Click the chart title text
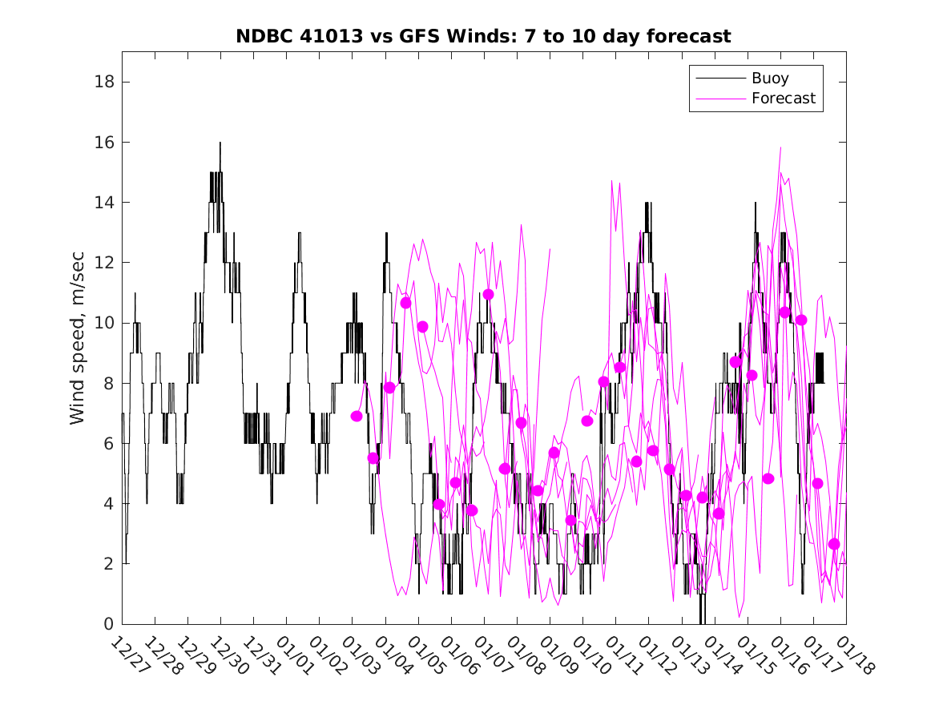[x=483, y=36]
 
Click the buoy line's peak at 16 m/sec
[x=220, y=143]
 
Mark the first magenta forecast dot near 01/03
[x=357, y=416]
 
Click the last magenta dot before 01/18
[x=834, y=544]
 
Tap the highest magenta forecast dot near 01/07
[x=488, y=295]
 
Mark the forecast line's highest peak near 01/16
[x=780, y=147]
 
